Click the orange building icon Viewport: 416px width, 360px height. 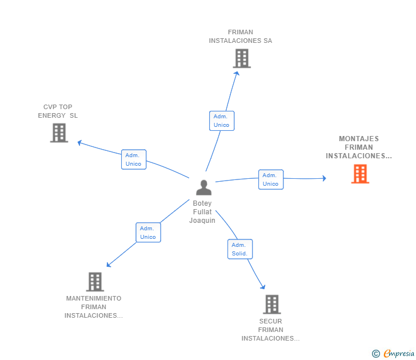(x=360, y=174)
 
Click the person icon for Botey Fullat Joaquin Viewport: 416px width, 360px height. (x=203, y=187)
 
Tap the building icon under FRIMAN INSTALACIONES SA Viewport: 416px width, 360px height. (x=242, y=58)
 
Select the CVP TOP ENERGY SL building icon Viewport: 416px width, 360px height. (x=59, y=133)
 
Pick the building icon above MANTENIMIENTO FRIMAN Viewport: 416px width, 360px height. (x=95, y=282)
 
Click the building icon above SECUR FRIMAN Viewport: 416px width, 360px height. (x=272, y=305)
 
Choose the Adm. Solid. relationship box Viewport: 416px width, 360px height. (x=240, y=249)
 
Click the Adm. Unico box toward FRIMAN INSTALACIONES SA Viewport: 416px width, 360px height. (x=222, y=121)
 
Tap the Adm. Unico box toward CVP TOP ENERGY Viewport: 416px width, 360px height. (x=134, y=159)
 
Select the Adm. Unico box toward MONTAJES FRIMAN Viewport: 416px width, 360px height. (x=271, y=179)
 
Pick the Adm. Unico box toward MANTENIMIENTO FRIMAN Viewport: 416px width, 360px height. (x=149, y=233)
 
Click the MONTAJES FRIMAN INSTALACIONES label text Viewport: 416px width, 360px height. (x=359, y=147)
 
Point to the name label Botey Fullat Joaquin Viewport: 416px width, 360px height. (x=202, y=211)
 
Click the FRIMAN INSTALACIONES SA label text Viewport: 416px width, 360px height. (x=241, y=37)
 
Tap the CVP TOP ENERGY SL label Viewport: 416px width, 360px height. (x=58, y=111)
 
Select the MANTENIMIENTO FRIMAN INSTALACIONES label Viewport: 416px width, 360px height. (x=94, y=307)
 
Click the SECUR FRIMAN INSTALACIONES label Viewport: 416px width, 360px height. (x=270, y=330)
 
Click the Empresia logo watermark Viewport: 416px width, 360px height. (x=393, y=354)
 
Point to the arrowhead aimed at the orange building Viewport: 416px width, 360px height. (x=324, y=178)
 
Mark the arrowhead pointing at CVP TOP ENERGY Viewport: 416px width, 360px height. (x=79, y=143)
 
